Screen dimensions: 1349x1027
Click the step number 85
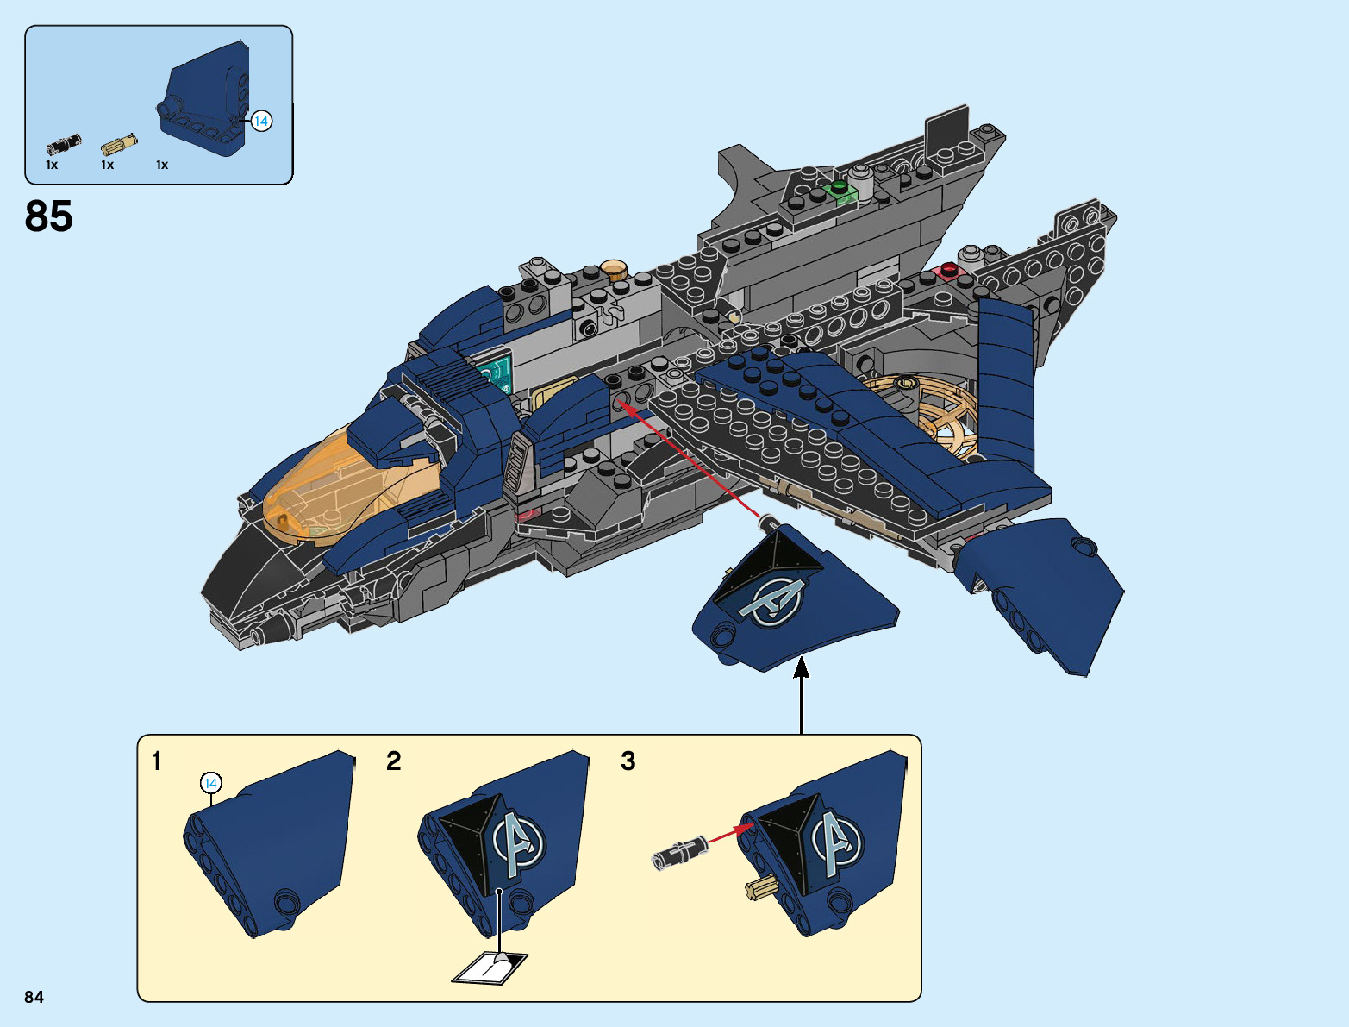pyautogui.click(x=49, y=216)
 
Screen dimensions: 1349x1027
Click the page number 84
pyautogui.click(x=34, y=997)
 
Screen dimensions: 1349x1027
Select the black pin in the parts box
pyautogui.click(x=63, y=144)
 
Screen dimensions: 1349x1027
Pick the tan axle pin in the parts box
pyautogui.click(x=119, y=144)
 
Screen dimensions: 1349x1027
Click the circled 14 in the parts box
pyautogui.click(x=261, y=122)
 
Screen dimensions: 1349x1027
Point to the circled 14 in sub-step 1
pyautogui.click(x=210, y=783)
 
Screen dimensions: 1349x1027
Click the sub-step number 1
pyautogui.click(x=157, y=761)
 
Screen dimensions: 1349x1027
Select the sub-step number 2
pyautogui.click(x=393, y=761)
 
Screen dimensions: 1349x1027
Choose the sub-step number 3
pyautogui.click(x=628, y=761)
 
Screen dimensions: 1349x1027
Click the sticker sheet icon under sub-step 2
pyautogui.click(x=490, y=968)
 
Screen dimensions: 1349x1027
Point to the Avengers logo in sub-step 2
pyautogui.click(x=518, y=842)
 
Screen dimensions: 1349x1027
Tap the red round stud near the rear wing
pyautogui.click(x=950, y=269)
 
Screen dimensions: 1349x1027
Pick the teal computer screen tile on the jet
pyautogui.click(x=496, y=373)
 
